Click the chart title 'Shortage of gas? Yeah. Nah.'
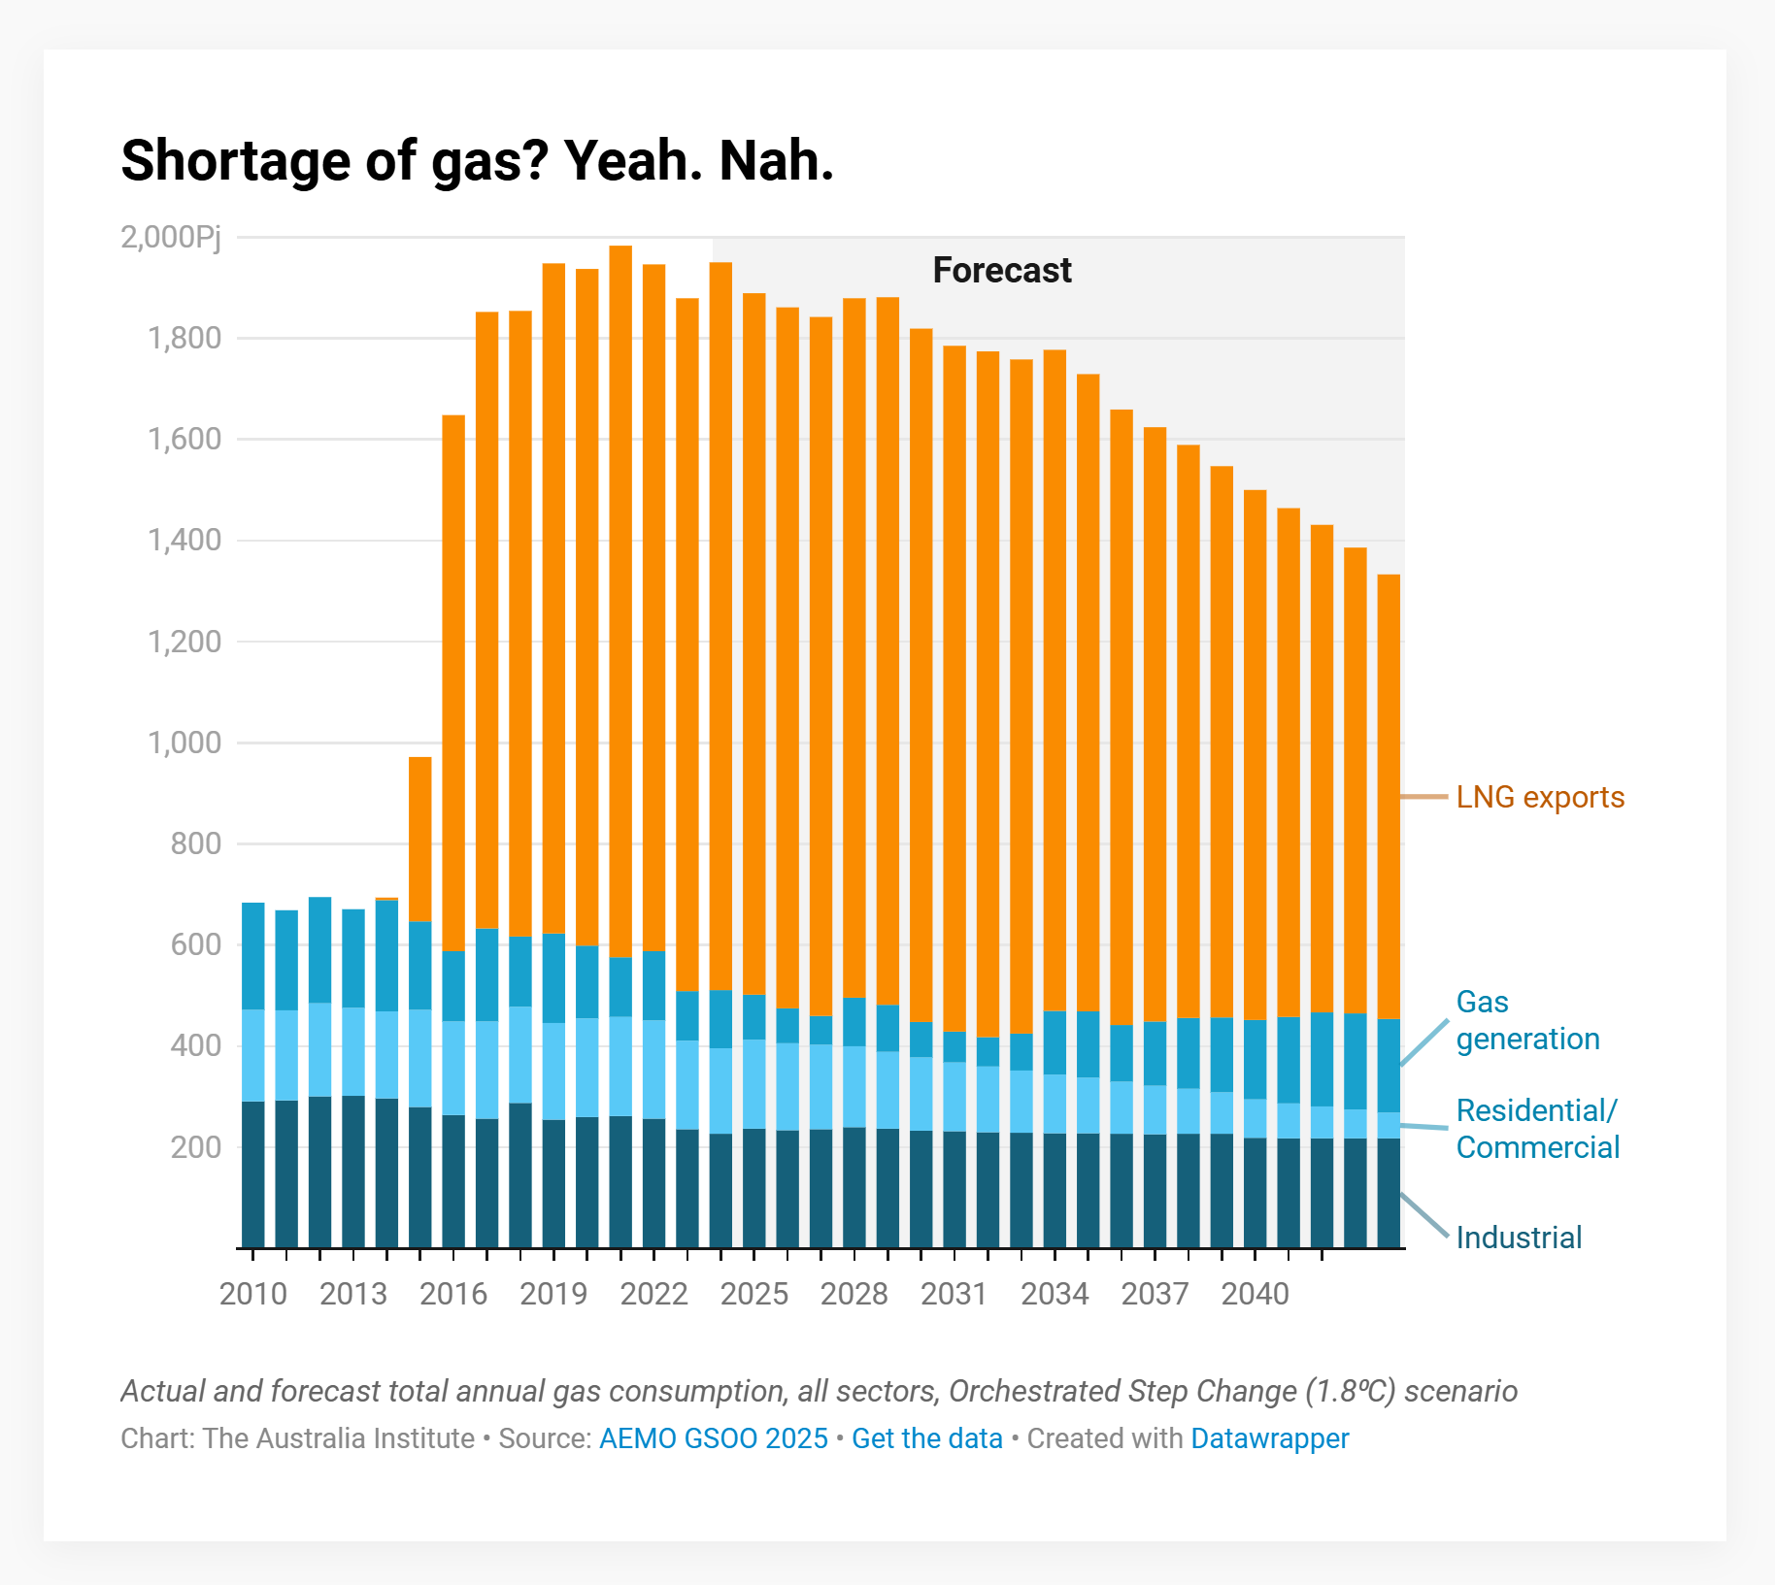(477, 160)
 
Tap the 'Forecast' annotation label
(1001, 270)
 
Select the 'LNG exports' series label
(1539, 797)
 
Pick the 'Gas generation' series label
(1526, 1020)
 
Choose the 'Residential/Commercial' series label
(1537, 1129)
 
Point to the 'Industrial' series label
(1519, 1238)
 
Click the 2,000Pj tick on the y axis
(171, 237)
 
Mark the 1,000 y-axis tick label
(184, 743)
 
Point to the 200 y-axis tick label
(196, 1147)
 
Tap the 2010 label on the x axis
(252, 1294)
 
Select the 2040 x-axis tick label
(1255, 1294)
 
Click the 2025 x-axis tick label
(754, 1294)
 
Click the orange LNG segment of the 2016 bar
(453, 679)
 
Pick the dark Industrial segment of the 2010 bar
(252, 1174)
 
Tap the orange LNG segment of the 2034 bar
(1055, 679)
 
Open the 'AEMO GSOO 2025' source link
(713, 1438)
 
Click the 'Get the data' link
(926, 1438)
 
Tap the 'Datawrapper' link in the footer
(1269, 1438)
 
